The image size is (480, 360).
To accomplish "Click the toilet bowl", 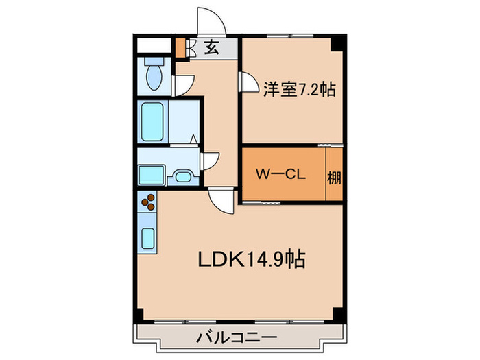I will (154, 75).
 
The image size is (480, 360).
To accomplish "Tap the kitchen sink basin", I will (148, 237).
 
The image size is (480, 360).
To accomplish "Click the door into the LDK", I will (221, 200).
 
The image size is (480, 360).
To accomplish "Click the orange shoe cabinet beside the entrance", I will (180, 49).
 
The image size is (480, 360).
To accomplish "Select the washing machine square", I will (151, 174).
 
